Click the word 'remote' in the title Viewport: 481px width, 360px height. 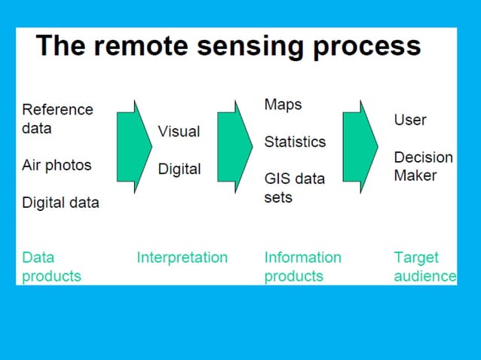pyautogui.click(x=134, y=46)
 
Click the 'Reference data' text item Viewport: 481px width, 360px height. pyautogui.click(x=57, y=118)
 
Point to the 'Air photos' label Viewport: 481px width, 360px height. pyautogui.click(x=57, y=165)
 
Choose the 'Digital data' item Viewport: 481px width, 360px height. pyautogui.click(x=60, y=202)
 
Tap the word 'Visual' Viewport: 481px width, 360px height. pyautogui.click(x=179, y=131)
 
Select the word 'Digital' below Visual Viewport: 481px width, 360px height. pyautogui.click(x=179, y=169)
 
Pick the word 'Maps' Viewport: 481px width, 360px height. pyautogui.click(x=283, y=104)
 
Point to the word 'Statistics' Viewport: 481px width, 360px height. pyautogui.click(x=295, y=142)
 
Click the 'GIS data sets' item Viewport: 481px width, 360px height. pyautogui.click(x=294, y=188)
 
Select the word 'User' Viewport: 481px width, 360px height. pyautogui.click(x=410, y=120)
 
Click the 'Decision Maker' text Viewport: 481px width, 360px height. pyautogui.click(x=423, y=166)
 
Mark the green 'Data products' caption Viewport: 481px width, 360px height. pyautogui.click(x=51, y=267)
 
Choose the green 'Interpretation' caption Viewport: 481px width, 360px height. pyautogui.click(x=182, y=258)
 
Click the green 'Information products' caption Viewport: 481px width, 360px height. pyautogui.click(x=302, y=267)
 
